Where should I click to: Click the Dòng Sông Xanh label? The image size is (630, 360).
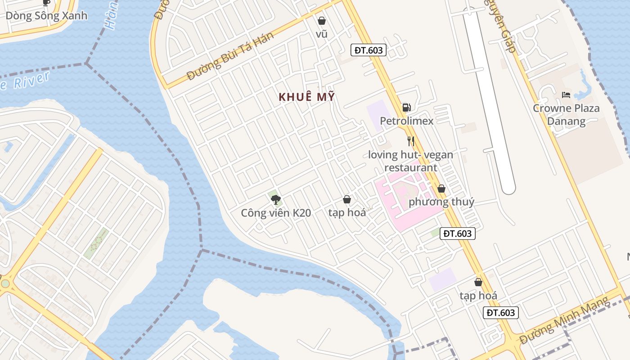46,16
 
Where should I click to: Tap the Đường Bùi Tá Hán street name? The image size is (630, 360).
230,56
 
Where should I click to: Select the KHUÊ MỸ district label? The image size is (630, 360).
307,97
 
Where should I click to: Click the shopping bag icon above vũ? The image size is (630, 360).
322,21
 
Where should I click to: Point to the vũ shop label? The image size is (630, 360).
322,34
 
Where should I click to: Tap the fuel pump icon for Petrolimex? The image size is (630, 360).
406,107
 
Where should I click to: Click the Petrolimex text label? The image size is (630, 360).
407,121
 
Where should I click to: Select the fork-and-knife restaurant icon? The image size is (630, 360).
410,141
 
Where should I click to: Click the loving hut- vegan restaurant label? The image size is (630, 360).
410,161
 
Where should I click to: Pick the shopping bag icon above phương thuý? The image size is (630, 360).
441,189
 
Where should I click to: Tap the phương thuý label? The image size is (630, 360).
441,202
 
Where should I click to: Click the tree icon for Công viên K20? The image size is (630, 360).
276,199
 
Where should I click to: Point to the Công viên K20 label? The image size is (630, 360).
276,213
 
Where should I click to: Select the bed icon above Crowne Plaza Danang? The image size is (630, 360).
566,95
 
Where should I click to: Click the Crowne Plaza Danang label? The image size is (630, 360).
566,115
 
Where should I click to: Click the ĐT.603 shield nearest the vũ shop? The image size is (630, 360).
369,50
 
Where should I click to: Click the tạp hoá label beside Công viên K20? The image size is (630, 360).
347,212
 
